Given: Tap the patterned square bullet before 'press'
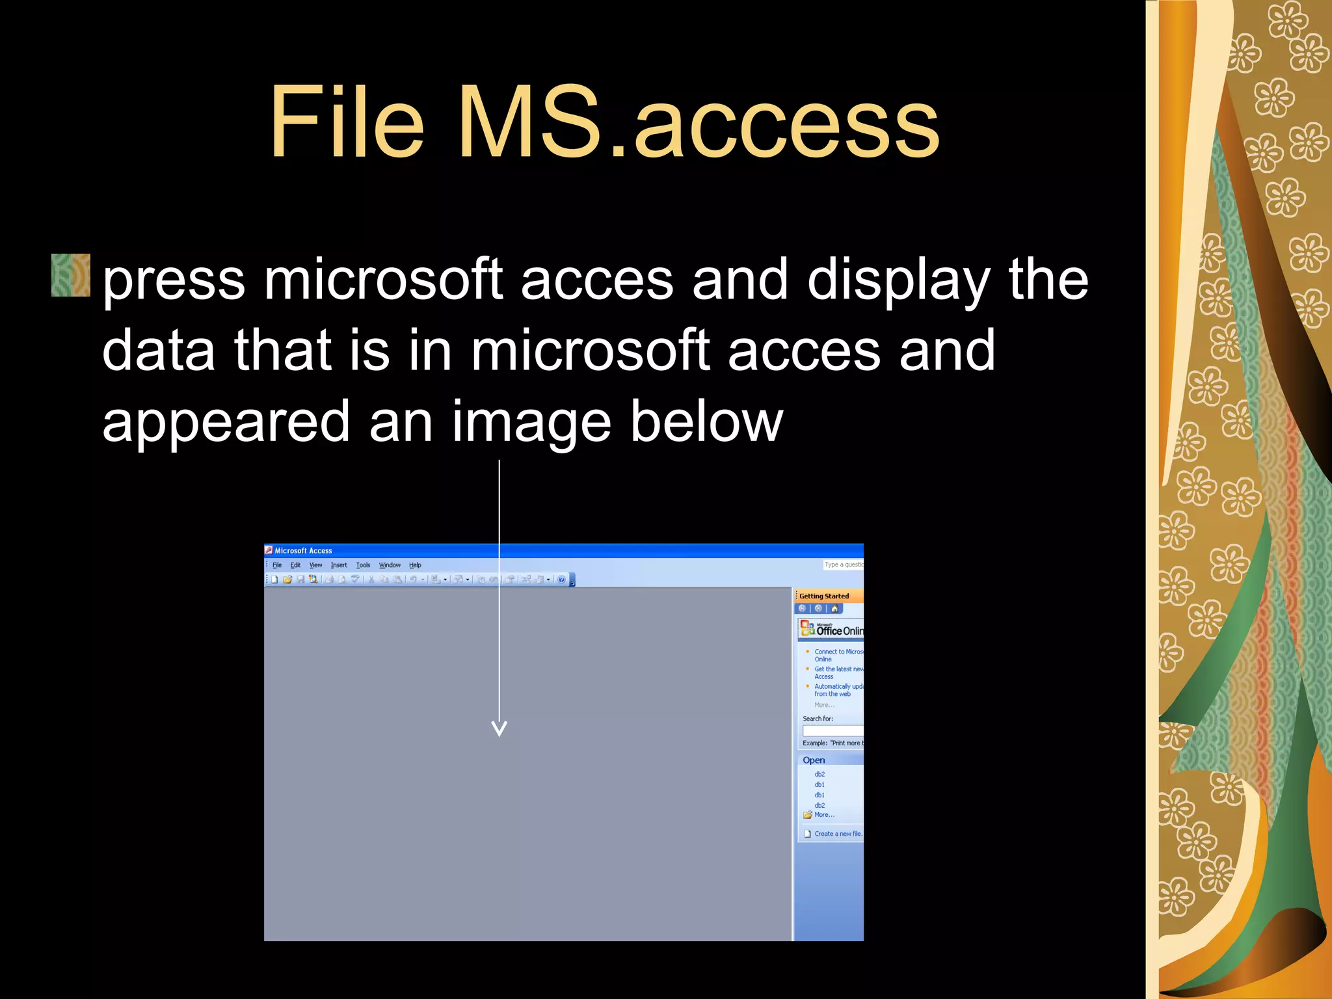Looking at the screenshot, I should pos(71,275).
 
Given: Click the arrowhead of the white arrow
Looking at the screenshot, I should pos(499,728).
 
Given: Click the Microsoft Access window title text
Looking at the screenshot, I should pos(303,551).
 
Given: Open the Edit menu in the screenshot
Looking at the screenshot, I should pos(295,565).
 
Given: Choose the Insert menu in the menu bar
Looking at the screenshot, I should pos(339,565).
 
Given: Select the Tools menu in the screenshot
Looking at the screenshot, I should pos(363,565).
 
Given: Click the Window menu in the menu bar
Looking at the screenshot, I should pos(390,565).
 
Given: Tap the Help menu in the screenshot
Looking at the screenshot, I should pos(415,565).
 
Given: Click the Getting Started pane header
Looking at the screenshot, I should pos(824,596).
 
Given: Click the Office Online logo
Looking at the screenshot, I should pos(832,629).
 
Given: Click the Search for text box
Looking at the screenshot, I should pos(833,730).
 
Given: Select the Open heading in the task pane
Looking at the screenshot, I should pos(814,760).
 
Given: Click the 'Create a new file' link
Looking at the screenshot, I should pos(838,834).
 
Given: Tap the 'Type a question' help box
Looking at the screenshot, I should pos(844,565).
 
